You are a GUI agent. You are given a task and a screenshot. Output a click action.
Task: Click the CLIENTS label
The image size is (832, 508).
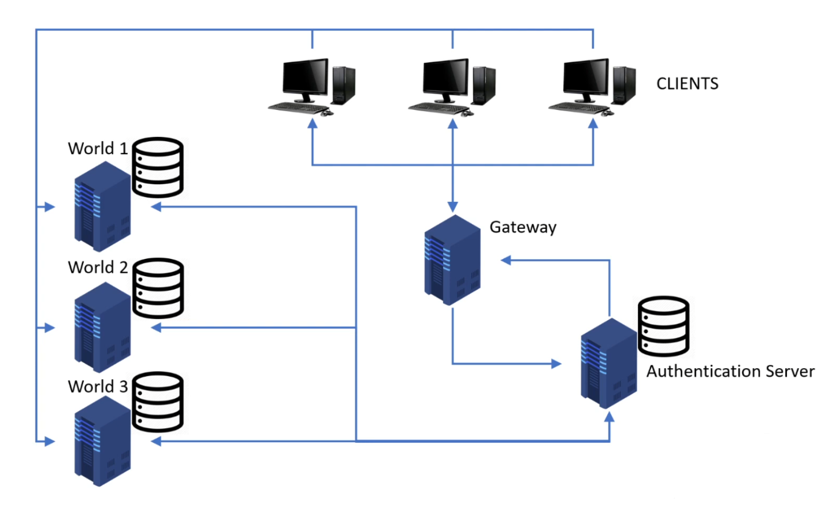[x=687, y=84]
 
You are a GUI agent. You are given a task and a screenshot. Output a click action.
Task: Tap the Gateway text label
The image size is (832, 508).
[x=523, y=227]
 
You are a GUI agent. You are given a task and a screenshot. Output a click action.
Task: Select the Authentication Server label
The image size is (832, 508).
[x=730, y=371]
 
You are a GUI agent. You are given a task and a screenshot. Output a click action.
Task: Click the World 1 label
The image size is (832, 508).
[x=98, y=149]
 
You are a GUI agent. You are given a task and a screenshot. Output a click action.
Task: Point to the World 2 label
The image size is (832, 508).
[x=98, y=268]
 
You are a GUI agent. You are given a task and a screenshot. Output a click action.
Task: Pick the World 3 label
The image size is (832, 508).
[x=98, y=386]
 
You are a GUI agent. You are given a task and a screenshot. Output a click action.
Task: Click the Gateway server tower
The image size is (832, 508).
[x=452, y=260]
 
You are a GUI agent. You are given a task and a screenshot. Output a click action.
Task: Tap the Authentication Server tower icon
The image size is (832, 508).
[x=608, y=364]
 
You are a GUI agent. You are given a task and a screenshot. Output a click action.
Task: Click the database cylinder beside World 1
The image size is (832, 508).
[x=158, y=167]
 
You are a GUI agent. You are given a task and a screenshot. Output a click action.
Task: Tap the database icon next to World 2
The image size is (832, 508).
[x=158, y=287]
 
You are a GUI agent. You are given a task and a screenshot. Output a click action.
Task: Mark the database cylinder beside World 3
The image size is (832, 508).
[x=158, y=402]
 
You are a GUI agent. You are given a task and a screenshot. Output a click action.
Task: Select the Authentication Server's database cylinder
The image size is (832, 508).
[x=663, y=326]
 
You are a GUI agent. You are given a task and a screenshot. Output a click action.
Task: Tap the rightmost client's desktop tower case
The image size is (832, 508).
[x=624, y=86]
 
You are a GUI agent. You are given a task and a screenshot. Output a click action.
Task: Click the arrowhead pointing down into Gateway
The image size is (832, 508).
[x=452, y=207]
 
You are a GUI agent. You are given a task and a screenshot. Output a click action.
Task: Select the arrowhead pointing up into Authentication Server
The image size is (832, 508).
[x=609, y=417]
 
